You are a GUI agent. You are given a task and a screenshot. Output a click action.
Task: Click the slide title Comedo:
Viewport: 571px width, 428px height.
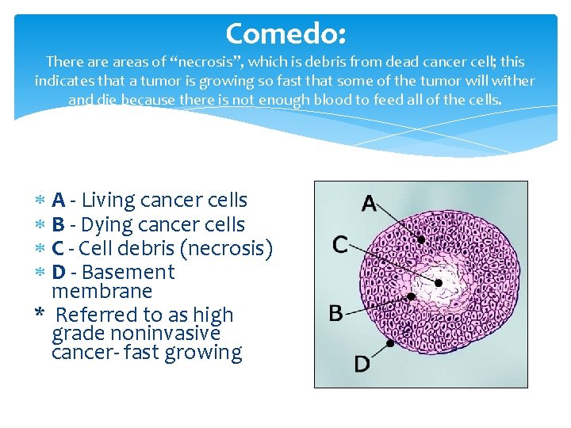pyautogui.click(x=285, y=33)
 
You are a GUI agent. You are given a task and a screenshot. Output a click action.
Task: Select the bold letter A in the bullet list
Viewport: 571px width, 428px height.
pyautogui.click(x=58, y=201)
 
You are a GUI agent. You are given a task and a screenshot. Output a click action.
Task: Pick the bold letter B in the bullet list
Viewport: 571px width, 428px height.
pyautogui.click(x=58, y=224)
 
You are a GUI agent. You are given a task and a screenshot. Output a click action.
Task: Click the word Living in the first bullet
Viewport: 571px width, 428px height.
pyautogui.click(x=111, y=201)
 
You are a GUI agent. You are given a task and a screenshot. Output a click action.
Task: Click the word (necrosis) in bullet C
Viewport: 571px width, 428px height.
pyautogui.click(x=227, y=249)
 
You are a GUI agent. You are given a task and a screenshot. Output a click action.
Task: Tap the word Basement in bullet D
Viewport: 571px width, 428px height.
pyautogui.click(x=128, y=272)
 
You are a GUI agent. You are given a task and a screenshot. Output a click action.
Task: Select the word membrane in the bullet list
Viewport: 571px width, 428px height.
pyautogui.click(x=102, y=291)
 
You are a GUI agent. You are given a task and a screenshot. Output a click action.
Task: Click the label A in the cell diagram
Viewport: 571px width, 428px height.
pyautogui.click(x=369, y=203)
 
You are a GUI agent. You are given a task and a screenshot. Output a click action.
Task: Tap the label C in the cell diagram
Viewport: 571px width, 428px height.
pyautogui.click(x=339, y=244)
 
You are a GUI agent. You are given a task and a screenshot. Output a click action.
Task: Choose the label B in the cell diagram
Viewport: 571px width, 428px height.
pyautogui.click(x=336, y=312)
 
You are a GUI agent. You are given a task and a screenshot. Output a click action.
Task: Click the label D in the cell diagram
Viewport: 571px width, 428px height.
pyautogui.click(x=362, y=364)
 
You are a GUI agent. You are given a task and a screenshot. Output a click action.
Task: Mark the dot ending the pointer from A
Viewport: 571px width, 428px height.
pyautogui.click(x=421, y=239)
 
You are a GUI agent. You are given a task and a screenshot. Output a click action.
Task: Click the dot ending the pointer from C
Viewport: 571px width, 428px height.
pyautogui.click(x=439, y=282)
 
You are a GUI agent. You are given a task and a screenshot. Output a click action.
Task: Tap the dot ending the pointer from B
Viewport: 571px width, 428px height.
pyautogui.click(x=411, y=296)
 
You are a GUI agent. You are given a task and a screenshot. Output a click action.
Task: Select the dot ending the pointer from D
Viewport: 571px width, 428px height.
pyautogui.click(x=390, y=344)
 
